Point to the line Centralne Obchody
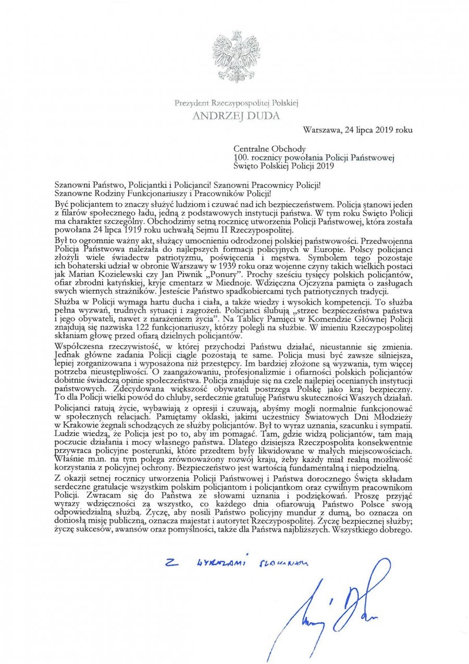(x=269, y=149)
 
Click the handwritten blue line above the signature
(x=235, y=561)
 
